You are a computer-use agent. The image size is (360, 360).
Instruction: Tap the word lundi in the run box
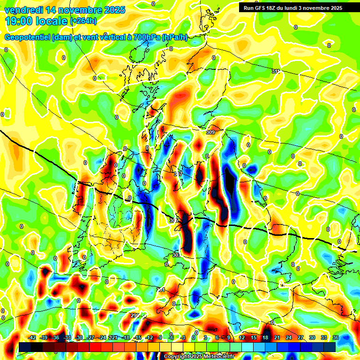293,8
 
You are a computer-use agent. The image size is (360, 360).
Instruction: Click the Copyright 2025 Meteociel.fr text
199,357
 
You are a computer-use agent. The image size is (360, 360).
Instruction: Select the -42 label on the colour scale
32,337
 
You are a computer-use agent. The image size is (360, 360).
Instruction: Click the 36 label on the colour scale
336,337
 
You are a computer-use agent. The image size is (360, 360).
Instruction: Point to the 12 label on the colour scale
242,337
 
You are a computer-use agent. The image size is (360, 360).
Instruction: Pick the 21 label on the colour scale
277,337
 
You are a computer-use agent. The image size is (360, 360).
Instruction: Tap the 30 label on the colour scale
312,337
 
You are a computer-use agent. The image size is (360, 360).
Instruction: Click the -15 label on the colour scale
137,337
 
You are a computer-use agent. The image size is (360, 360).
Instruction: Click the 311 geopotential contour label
276,71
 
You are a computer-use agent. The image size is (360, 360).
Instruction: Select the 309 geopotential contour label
210,133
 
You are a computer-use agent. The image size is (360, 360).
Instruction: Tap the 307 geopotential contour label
178,174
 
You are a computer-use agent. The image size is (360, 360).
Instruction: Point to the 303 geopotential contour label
176,255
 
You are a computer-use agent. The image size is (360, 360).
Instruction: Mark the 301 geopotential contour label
161,290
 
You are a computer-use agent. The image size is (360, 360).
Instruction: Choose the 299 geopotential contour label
135,315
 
